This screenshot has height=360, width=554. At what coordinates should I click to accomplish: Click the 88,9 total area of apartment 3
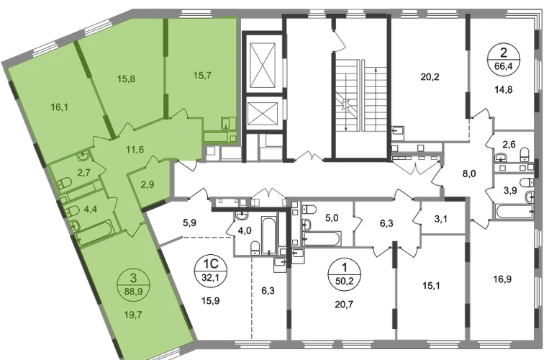click(133, 293)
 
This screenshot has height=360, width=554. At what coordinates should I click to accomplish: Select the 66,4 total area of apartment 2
click(504, 66)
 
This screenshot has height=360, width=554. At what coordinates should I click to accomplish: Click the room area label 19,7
click(133, 315)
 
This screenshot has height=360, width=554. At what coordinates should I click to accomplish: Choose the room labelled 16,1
click(60, 107)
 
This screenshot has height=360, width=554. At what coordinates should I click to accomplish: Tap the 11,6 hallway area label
click(135, 149)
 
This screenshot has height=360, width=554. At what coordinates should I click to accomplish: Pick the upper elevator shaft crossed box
click(262, 66)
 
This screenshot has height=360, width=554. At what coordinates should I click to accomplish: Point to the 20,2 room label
click(430, 77)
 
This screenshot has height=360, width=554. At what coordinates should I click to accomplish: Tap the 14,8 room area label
click(503, 90)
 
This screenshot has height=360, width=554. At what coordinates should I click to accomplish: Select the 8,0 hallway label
click(469, 174)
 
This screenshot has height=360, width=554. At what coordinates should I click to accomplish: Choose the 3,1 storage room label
click(440, 220)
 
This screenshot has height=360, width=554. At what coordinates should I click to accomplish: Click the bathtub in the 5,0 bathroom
click(322, 238)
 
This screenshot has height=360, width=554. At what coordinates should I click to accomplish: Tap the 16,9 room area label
click(502, 279)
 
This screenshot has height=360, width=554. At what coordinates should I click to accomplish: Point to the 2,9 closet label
click(147, 184)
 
